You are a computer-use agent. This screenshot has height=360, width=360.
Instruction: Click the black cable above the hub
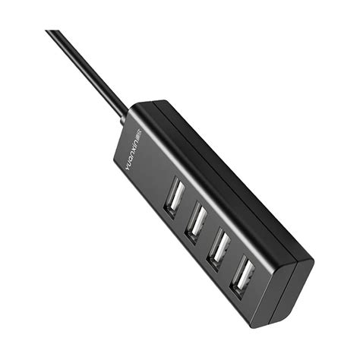87,68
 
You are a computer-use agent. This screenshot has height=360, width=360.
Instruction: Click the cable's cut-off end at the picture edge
52,33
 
